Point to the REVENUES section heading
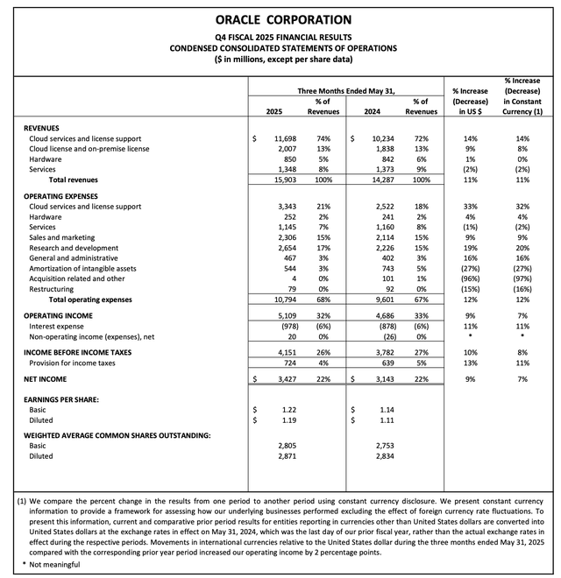point(46,126)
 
